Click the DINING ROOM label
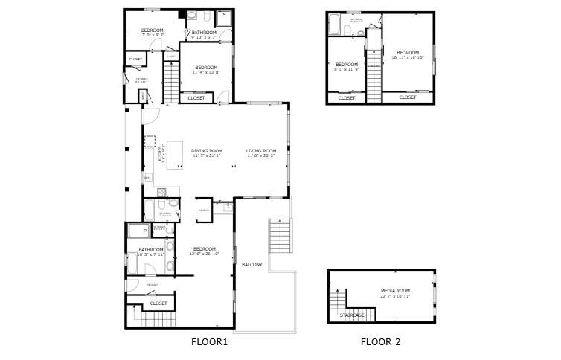tap(206, 151)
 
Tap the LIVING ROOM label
tap(261, 151)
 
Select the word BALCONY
tap(252, 265)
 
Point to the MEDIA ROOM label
tap(395, 290)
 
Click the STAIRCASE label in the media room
tap(352, 315)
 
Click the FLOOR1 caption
tap(209, 342)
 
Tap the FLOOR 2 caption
tap(380, 342)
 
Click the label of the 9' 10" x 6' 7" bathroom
tap(204, 33)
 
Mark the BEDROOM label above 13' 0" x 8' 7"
tap(152, 30)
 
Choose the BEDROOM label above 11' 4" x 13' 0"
tap(205, 67)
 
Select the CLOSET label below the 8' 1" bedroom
tap(347, 98)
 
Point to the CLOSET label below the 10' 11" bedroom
tap(408, 97)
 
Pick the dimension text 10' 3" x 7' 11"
tap(151, 255)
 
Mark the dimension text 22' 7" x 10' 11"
tap(395, 296)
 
